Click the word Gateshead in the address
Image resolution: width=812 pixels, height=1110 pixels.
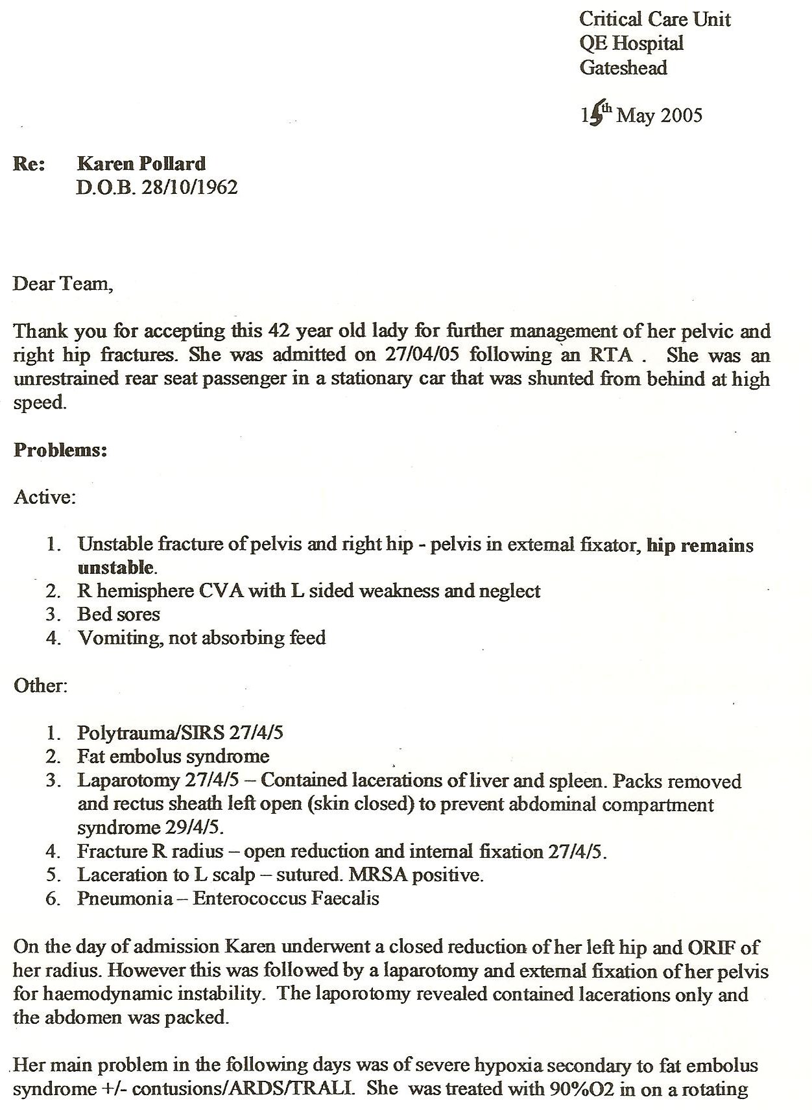623,68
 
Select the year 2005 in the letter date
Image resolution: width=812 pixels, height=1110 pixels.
681,115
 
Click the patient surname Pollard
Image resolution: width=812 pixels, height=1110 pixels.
174,163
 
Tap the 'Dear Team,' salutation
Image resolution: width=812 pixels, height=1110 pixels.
63,283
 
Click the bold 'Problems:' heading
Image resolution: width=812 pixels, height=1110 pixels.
60,450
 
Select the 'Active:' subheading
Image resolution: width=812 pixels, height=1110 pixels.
45,497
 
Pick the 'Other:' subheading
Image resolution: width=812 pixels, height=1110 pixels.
41,685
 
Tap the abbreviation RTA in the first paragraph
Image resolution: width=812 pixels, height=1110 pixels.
611,355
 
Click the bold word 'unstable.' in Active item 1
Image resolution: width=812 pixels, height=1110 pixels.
117,568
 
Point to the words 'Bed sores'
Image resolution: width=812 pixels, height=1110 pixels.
119,614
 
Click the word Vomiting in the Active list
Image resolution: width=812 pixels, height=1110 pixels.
120,638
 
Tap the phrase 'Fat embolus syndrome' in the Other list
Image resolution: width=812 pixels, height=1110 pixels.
173,756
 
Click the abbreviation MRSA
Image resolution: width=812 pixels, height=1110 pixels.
378,875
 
